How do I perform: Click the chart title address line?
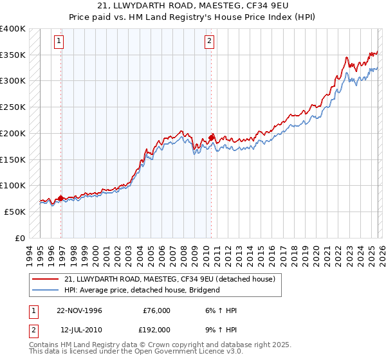coord(193,6)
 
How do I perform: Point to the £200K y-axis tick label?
coord(12,133)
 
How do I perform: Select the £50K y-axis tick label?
coord(14,212)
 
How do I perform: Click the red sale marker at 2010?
coord(211,138)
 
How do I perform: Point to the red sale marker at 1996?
coord(61,198)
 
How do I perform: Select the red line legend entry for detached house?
coord(170,279)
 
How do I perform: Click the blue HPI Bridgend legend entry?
coord(142,290)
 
